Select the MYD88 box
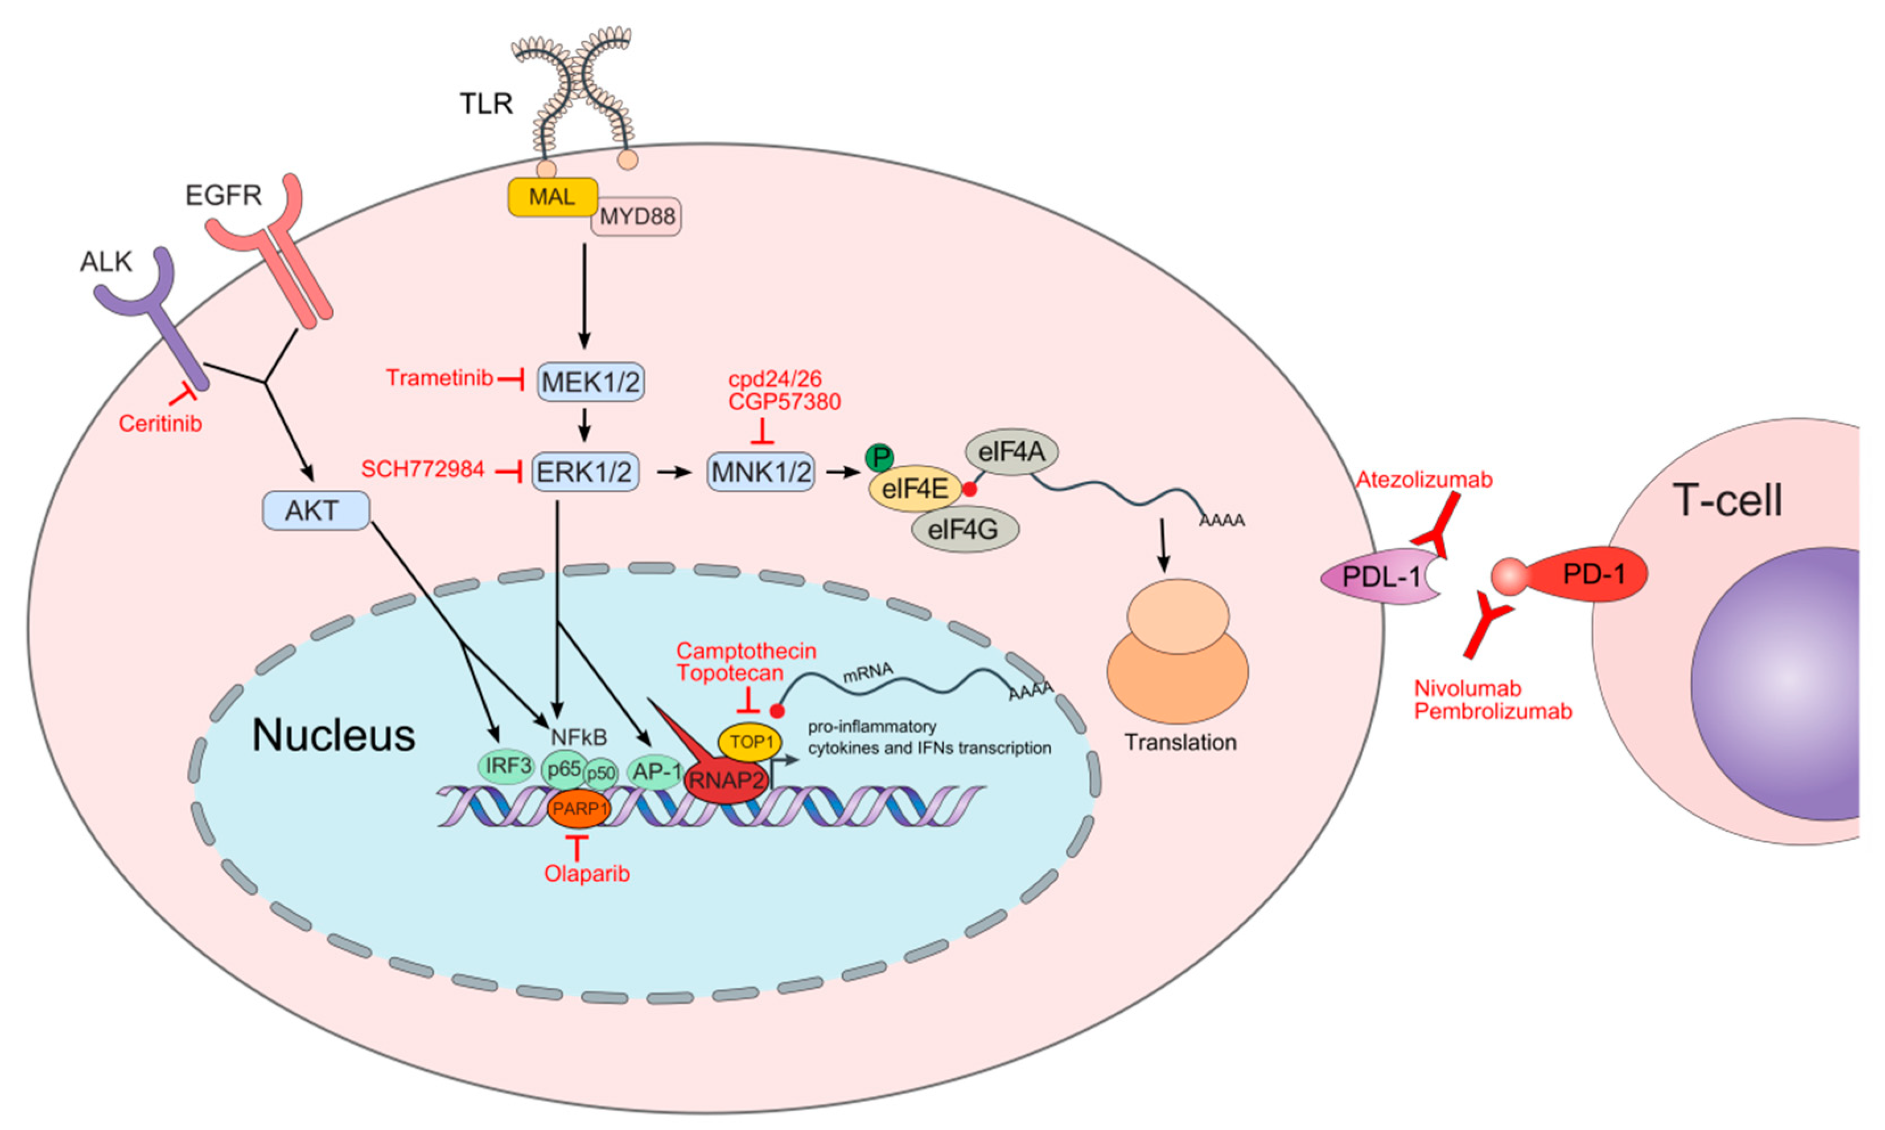tap(637, 217)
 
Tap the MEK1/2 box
tap(591, 381)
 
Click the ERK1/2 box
tap(584, 472)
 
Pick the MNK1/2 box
tap(761, 472)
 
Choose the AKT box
tap(315, 510)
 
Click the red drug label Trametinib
tap(439, 378)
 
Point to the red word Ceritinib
tap(160, 423)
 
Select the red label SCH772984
tap(423, 469)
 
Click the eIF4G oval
tap(964, 529)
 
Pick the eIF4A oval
tap(1011, 452)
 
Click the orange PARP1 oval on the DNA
tap(579, 808)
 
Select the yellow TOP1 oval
tap(751, 741)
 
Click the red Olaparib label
tap(586, 873)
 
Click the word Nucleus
tap(334, 736)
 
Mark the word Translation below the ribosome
tap(1180, 743)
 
